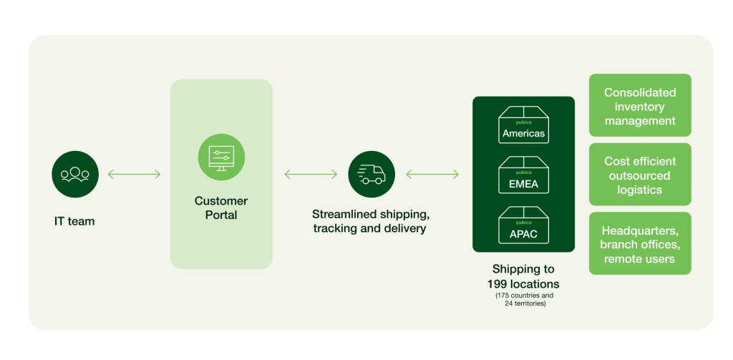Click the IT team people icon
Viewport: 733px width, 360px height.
pyautogui.click(x=75, y=174)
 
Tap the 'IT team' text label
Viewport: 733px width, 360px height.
pyautogui.click(x=74, y=221)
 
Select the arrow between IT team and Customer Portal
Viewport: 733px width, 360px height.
pyautogui.click(x=134, y=174)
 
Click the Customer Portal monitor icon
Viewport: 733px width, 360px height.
pyautogui.click(x=221, y=157)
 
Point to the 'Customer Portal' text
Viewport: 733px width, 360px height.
pyautogui.click(x=221, y=208)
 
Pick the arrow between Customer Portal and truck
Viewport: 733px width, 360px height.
pyautogui.click(x=311, y=174)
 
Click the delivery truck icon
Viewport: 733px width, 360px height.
pyautogui.click(x=371, y=174)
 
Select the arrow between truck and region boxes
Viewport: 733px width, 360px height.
pyautogui.click(x=432, y=174)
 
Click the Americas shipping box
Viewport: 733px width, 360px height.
pyautogui.click(x=523, y=125)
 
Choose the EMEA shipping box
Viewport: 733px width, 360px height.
pyautogui.click(x=523, y=175)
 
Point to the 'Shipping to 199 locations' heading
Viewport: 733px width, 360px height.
pyautogui.click(x=523, y=276)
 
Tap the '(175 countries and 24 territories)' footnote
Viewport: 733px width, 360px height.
pyautogui.click(x=523, y=299)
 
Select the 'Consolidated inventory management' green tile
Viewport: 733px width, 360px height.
pyautogui.click(x=640, y=106)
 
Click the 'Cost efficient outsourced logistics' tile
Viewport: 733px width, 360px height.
pyautogui.click(x=640, y=175)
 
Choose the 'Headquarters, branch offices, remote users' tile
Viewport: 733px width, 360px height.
pyautogui.click(x=640, y=244)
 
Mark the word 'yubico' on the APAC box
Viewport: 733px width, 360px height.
pyautogui.click(x=523, y=223)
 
